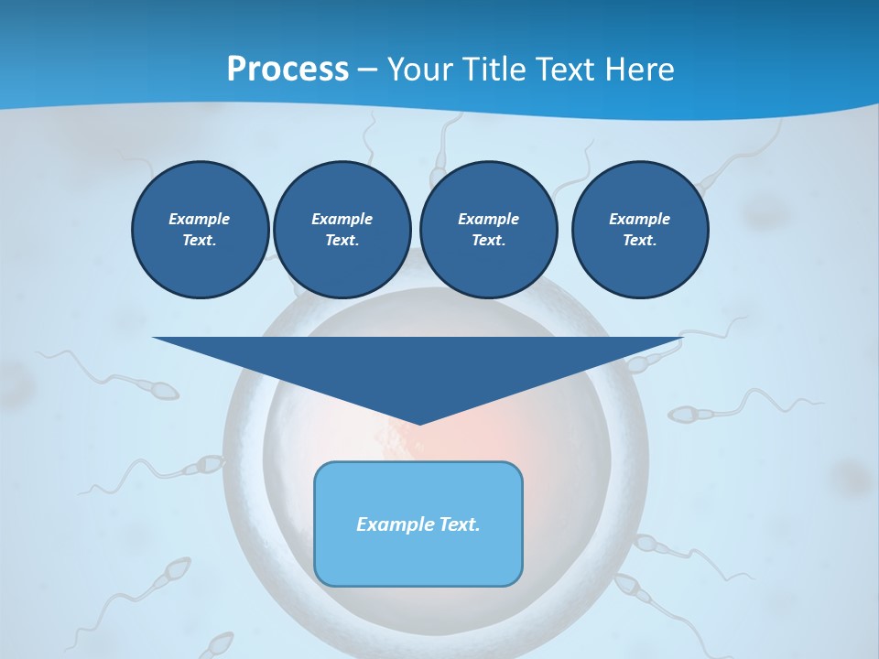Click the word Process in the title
pyautogui.click(x=288, y=70)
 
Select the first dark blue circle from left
pyautogui.click(x=200, y=229)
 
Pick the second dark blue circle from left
pyautogui.click(x=342, y=229)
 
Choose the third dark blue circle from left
pyautogui.click(x=488, y=229)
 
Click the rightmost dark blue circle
pyautogui.click(x=639, y=229)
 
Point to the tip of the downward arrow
pyautogui.click(x=419, y=423)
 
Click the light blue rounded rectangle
pyautogui.click(x=418, y=558)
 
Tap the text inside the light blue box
pyautogui.click(x=418, y=524)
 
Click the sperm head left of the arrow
pyautogui.click(x=164, y=392)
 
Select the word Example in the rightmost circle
pyautogui.click(x=639, y=219)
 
